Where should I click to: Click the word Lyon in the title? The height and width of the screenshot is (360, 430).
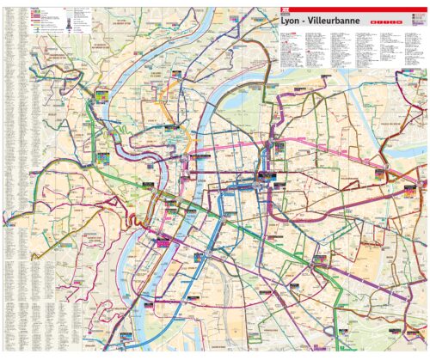[290, 21]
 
